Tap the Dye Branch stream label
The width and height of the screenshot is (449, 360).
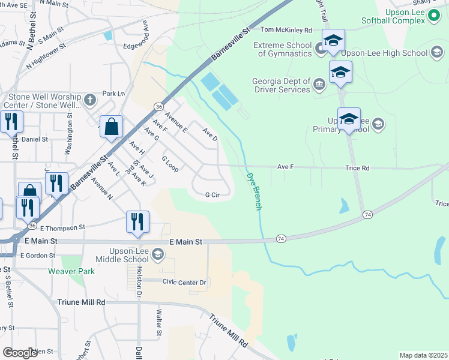pyautogui.click(x=255, y=191)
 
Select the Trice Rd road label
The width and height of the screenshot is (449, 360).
pyautogui.click(x=357, y=168)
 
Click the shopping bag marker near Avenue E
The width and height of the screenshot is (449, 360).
pyautogui.click(x=112, y=127)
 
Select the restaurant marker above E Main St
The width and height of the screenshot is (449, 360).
pyautogui.click(x=137, y=221)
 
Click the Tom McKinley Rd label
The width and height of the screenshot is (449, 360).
pyautogui.click(x=286, y=29)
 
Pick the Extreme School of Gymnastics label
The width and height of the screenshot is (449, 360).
pyautogui.click(x=282, y=49)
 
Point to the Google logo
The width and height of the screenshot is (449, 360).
pyautogui.click(x=20, y=353)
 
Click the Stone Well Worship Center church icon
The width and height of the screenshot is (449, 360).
pyautogui.click(x=90, y=100)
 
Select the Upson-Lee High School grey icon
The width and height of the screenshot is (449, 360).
pyautogui.click(x=436, y=53)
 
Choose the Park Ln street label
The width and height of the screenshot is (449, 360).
pyautogui.click(x=113, y=94)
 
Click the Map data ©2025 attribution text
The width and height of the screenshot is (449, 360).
pyautogui.click(x=423, y=355)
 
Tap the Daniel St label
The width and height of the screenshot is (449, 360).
pyautogui.click(x=34, y=139)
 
